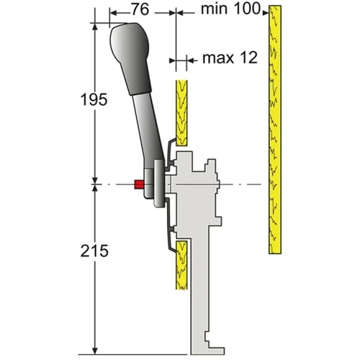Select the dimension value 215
click(x=94, y=252)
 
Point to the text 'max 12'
click(x=229, y=58)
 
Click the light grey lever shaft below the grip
click(x=147, y=133)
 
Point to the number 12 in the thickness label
click(x=248, y=58)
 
